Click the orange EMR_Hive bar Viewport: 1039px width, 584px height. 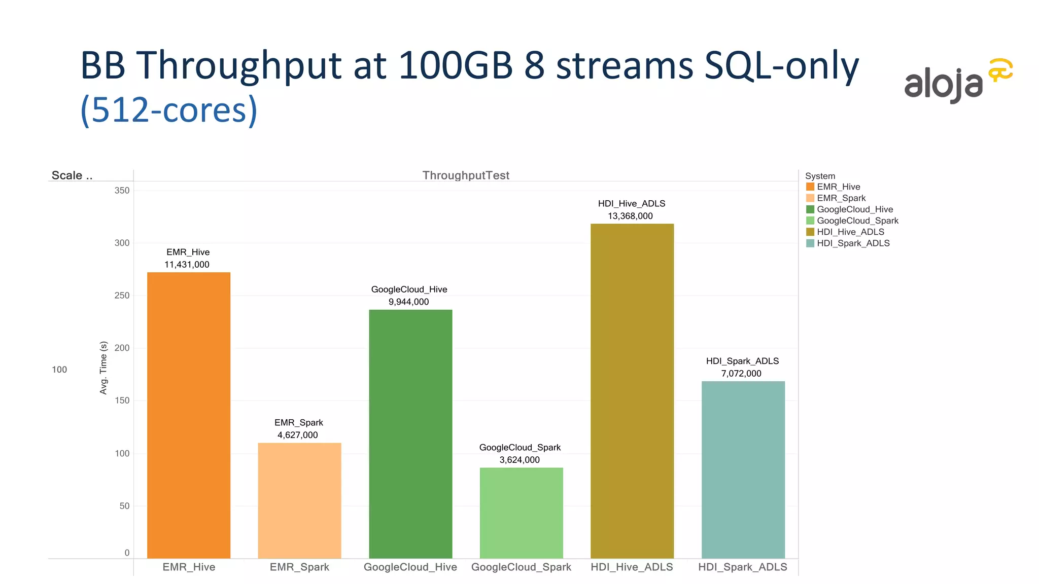point(189,415)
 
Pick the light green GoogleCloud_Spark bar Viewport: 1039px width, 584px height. point(521,513)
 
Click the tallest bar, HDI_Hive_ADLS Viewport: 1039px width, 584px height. point(632,391)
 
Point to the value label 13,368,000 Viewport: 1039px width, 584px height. point(630,216)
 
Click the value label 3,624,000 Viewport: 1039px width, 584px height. point(519,460)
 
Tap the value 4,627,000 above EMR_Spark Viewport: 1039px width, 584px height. point(297,435)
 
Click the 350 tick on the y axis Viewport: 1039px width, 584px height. point(122,191)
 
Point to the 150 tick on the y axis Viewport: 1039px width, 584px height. point(122,400)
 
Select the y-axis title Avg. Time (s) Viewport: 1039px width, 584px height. point(103,368)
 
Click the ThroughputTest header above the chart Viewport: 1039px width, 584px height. point(466,175)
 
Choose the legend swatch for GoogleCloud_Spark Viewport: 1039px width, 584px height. point(810,221)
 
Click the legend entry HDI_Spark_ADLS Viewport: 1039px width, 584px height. point(853,243)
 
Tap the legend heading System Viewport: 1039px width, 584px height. point(820,176)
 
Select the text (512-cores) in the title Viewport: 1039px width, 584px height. point(169,109)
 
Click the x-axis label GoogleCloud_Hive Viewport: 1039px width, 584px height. point(410,567)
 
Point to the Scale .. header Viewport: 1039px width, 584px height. point(72,175)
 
